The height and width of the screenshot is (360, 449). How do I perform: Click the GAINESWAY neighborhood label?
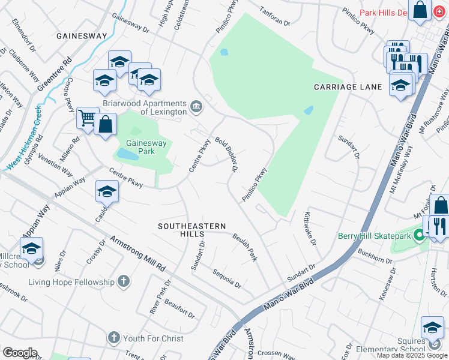click(x=82, y=36)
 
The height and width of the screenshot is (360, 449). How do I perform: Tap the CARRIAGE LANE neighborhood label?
click(x=348, y=87)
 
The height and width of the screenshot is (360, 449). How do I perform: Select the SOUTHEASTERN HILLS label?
click(x=192, y=230)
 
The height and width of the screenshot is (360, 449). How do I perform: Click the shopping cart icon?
click(x=88, y=118)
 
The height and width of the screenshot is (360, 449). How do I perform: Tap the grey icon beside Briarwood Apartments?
click(x=196, y=107)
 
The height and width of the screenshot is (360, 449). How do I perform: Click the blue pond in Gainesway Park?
click(x=127, y=154)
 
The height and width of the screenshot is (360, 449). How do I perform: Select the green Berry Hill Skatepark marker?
click(x=420, y=236)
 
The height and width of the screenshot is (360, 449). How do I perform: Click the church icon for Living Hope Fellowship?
click(x=123, y=281)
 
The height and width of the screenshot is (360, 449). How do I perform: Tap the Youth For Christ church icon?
click(x=114, y=338)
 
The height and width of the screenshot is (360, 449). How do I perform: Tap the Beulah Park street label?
click(x=246, y=247)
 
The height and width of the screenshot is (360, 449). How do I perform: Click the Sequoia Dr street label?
click(x=227, y=278)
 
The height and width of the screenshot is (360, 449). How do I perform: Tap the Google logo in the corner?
click(x=20, y=353)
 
